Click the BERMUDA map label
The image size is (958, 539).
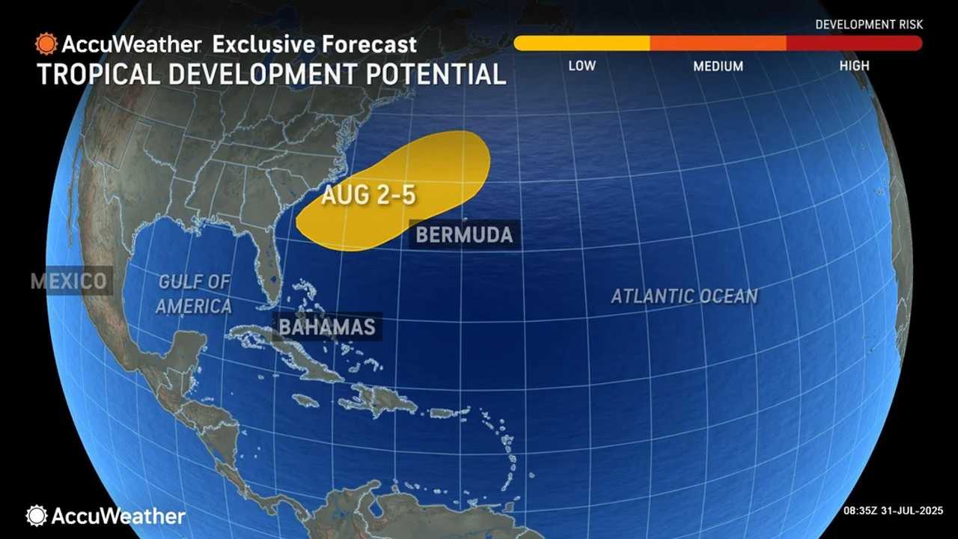[x=464, y=234]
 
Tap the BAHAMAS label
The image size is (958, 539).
[x=326, y=327]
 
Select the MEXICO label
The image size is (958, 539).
[x=69, y=281]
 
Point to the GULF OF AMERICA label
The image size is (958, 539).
[x=195, y=293]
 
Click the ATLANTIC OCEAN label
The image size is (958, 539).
[x=684, y=296]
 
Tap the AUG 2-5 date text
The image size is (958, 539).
[x=368, y=195]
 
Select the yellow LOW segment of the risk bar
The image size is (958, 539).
[x=582, y=43]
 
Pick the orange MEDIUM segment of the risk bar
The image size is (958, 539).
[x=718, y=43]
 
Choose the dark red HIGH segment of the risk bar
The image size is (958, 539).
[x=854, y=43]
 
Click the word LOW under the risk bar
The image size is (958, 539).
[x=582, y=66]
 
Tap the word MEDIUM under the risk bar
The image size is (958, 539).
[x=718, y=66]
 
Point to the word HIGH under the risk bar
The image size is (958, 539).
[x=854, y=66]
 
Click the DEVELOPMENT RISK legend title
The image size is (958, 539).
[x=869, y=25]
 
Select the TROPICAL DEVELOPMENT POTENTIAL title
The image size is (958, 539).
[x=271, y=74]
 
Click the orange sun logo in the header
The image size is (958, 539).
[x=46, y=43]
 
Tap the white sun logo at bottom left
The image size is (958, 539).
[x=36, y=515]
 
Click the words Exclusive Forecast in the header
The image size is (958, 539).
[x=314, y=43]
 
